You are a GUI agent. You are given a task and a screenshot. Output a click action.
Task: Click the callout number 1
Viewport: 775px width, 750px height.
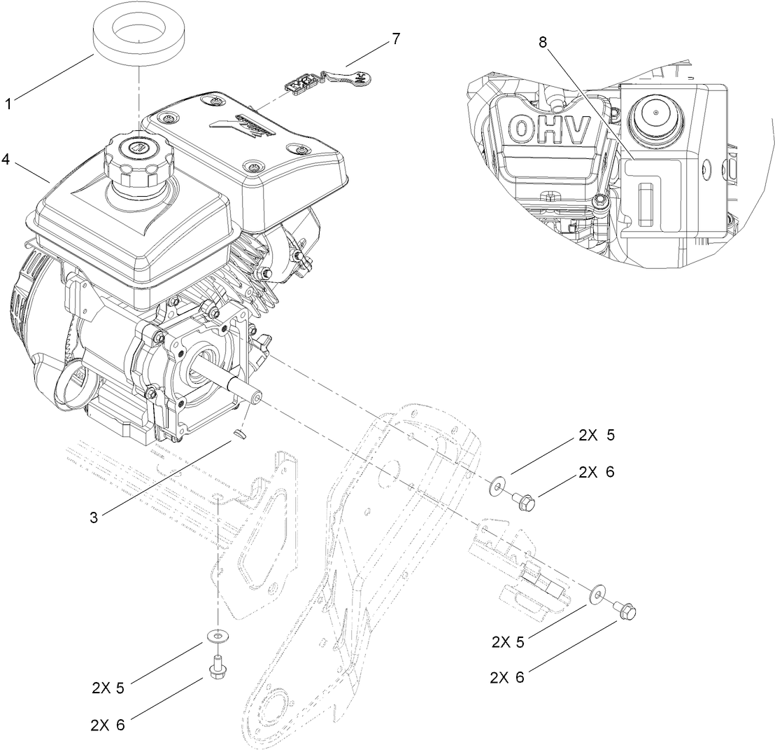[x=8, y=104]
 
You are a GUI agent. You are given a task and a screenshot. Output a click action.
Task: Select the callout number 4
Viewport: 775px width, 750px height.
[x=6, y=159]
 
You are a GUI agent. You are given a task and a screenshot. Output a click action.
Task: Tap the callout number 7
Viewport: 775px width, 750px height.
[x=396, y=39]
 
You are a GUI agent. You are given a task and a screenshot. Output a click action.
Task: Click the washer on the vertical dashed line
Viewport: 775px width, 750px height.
[x=218, y=636]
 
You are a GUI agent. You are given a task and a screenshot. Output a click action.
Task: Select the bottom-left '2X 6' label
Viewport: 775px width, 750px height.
[x=108, y=724]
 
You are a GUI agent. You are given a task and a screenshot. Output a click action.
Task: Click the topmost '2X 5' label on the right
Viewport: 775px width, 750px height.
[x=596, y=435]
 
